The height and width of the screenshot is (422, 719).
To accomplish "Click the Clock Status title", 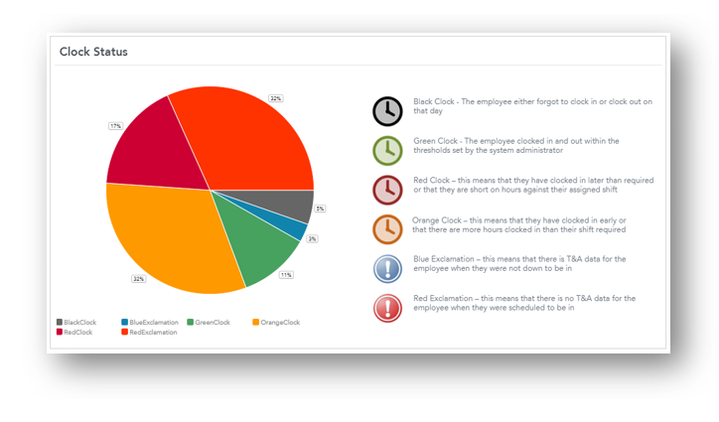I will click(93, 52).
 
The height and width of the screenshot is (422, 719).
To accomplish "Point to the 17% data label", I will click(115, 126).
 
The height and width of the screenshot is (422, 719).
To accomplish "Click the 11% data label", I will click(286, 275).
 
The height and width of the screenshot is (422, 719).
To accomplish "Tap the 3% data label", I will click(312, 239).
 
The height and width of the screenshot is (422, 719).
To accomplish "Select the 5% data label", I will click(321, 209).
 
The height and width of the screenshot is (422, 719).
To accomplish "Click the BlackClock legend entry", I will click(78, 322).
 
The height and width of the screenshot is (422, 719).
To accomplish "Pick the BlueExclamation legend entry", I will click(150, 322).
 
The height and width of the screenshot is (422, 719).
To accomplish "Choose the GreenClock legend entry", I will click(210, 322).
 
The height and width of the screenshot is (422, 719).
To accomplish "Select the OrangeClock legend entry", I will click(277, 322).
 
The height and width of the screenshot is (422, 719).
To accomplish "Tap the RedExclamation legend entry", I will click(151, 332).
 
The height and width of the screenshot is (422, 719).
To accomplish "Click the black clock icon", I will click(387, 111).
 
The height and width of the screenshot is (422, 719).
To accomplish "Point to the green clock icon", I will click(387, 150).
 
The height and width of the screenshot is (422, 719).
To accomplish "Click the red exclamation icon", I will click(387, 307).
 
